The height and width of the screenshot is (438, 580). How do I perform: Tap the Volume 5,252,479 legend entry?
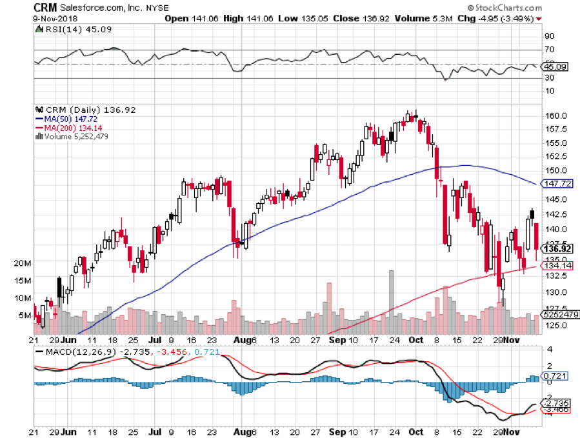pyautogui.click(x=72, y=136)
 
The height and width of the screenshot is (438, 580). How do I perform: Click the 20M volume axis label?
pyautogui.click(x=23, y=263)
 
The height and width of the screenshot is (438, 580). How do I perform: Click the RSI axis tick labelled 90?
pyautogui.click(x=550, y=36)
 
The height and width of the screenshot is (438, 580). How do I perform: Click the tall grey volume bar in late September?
pyautogui.click(x=391, y=300)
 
